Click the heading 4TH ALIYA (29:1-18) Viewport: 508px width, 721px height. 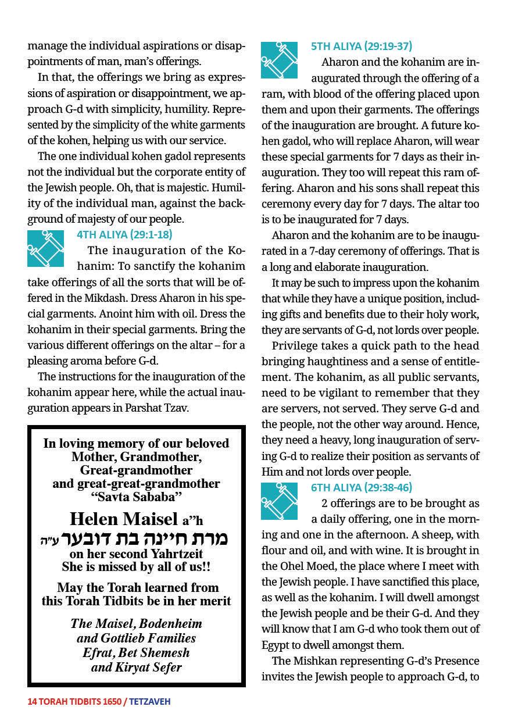(124, 235)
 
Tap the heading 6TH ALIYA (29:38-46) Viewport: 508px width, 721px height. (362, 487)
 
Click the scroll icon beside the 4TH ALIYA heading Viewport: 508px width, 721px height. (45, 249)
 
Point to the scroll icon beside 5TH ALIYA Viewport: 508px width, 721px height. (279, 60)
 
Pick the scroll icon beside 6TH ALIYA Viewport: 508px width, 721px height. (279, 501)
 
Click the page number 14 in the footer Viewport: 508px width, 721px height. (32, 701)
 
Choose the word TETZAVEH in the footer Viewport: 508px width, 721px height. (150, 701)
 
